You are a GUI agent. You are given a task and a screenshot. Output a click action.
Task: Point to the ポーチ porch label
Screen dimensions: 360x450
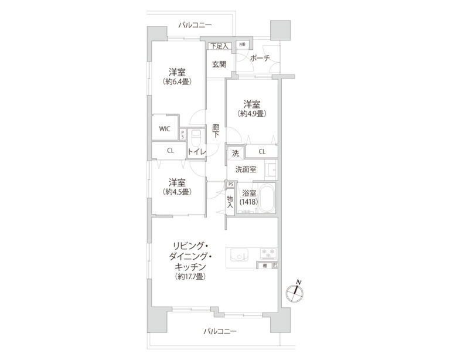(259, 58)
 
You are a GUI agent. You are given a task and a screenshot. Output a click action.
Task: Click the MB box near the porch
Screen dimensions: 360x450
(242, 45)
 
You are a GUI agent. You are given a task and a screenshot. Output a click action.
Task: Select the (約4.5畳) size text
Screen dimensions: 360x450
(178, 191)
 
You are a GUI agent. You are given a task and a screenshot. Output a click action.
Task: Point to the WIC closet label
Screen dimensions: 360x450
(164, 129)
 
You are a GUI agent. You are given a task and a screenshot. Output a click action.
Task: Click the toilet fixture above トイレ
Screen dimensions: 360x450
(196, 138)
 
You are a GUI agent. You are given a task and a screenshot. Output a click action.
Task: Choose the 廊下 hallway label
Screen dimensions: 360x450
(216, 130)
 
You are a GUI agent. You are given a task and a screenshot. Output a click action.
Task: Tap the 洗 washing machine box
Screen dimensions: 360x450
(235, 153)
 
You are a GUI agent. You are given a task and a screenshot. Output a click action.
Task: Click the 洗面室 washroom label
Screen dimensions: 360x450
(246, 169)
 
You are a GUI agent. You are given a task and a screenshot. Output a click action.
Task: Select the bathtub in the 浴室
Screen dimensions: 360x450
(268, 199)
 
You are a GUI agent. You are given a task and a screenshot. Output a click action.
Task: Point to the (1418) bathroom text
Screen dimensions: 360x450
(248, 202)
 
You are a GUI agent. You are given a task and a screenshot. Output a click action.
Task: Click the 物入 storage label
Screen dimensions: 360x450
(230, 202)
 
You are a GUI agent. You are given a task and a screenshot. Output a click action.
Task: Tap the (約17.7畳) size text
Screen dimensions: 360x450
(189, 276)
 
